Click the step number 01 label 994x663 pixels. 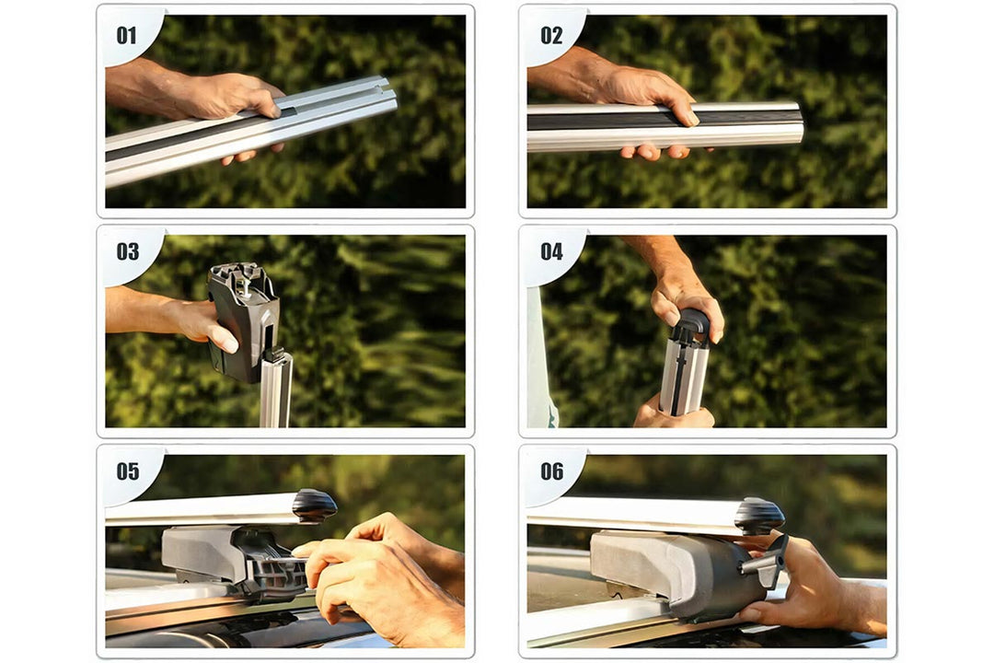pyautogui.click(x=127, y=36)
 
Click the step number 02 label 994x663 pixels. pyautogui.click(x=551, y=36)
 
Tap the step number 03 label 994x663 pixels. pyautogui.click(x=127, y=252)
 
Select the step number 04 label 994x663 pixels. pyautogui.click(x=551, y=252)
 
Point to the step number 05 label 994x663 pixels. pyautogui.click(x=127, y=471)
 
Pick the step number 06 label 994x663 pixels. pyautogui.click(x=551, y=471)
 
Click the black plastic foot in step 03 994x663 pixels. pyautogui.click(x=244, y=320)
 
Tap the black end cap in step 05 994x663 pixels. pyautogui.click(x=315, y=506)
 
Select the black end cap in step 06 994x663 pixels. pyautogui.click(x=758, y=515)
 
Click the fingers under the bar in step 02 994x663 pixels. pyautogui.click(x=656, y=152)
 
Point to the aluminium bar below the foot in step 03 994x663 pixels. pyautogui.click(x=276, y=390)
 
